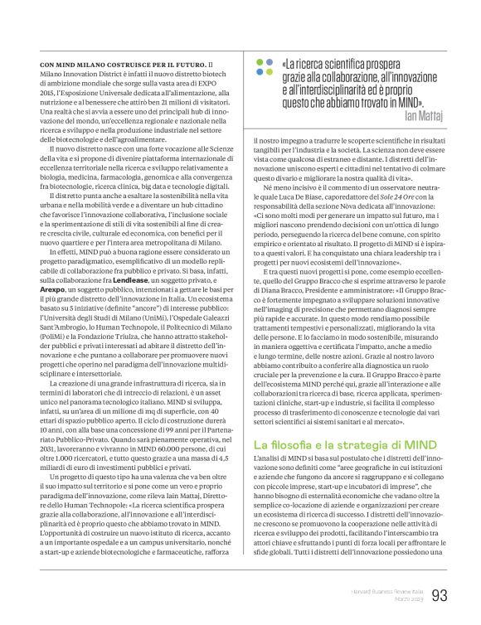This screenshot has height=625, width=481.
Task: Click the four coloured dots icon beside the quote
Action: pos(263,66)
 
